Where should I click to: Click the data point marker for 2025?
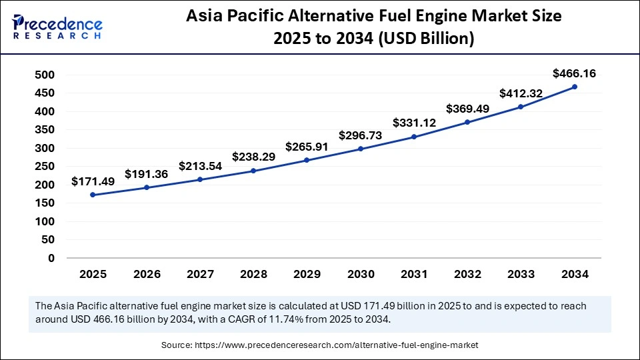(93, 195)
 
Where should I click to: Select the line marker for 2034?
(574, 87)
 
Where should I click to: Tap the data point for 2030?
(360, 149)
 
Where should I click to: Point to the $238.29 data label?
(253, 157)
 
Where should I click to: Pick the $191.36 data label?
(146, 174)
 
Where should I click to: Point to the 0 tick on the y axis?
(51, 258)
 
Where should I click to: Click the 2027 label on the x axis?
(199, 274)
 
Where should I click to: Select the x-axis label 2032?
(467, 274)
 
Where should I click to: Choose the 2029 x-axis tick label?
(307, 274)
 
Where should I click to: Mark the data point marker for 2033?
(521, 107)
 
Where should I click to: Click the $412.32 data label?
(521, 93)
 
